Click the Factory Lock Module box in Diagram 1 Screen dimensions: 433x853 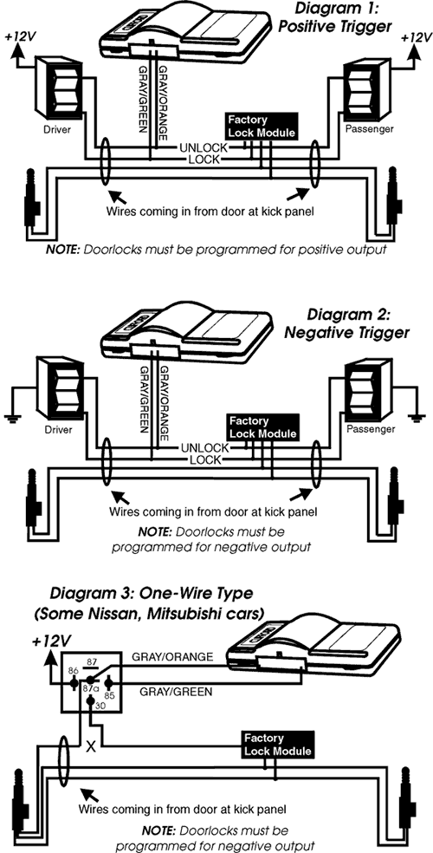(x=262, y=127)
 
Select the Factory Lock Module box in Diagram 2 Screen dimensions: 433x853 (x=263, y=427)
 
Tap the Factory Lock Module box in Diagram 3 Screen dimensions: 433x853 (x=278, y=745)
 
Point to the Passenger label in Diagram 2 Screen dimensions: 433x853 (x=369, y=429)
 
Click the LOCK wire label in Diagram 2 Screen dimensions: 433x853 (x=204, y=460)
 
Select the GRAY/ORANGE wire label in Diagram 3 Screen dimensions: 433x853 (x=172, y=656)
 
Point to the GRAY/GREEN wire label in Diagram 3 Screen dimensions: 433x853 (x=176, y=692)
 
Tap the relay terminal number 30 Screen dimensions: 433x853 (x=100, y=706)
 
